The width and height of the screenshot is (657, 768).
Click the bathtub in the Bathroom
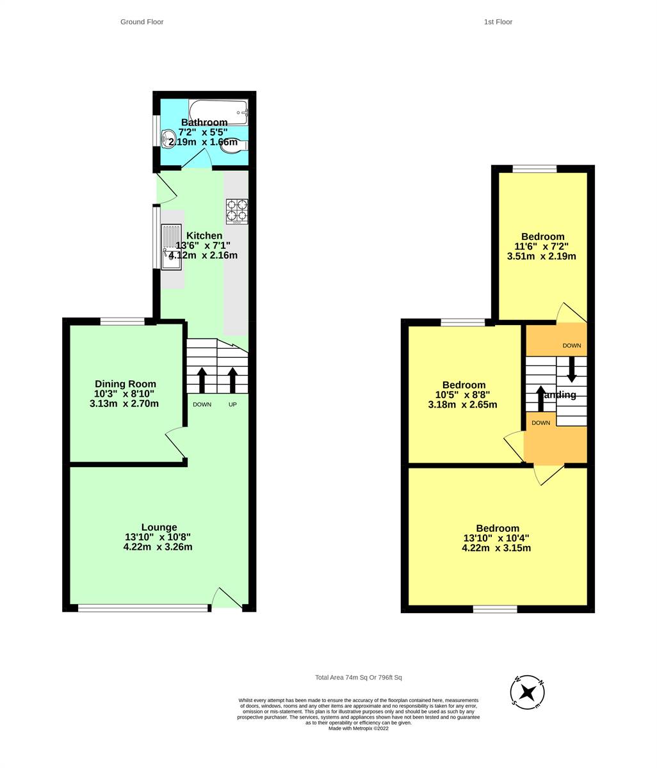[218, 112]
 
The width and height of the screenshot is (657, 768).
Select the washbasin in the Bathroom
[169, 138]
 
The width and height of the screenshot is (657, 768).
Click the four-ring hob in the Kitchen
[236, 211]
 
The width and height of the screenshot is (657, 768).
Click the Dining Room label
[126, 384]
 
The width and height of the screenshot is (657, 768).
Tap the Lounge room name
[159, 527]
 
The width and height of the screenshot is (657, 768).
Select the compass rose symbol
[527, 692]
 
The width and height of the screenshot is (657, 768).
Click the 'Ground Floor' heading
[142, 22]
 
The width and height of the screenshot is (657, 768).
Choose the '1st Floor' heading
[498, 22]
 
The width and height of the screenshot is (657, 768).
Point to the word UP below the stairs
[232, 404]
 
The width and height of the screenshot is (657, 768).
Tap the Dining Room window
[122, 321]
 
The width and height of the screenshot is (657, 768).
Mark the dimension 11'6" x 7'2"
[542, 246]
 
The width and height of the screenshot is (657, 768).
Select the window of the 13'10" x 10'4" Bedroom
[494, 609]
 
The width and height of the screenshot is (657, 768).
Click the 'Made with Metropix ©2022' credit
[358, 728]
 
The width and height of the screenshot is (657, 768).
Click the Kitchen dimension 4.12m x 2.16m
[203, 255]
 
